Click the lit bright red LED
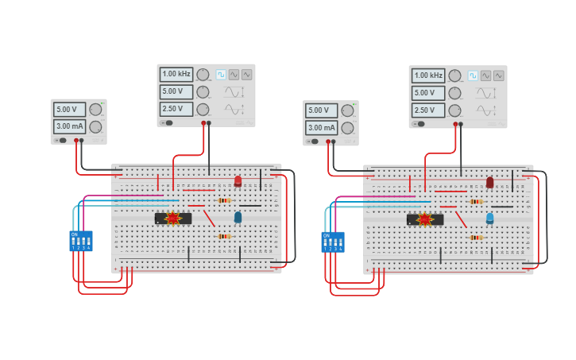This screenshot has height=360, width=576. coord(238,181)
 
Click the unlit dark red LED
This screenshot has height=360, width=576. coord(489,182)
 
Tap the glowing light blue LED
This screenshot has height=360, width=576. coord(489,218)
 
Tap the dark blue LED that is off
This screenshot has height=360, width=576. coord(238,217)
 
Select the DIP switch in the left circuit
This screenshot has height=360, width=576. coord(81,241)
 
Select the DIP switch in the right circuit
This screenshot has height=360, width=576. coord(333,242)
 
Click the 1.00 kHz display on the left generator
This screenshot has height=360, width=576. coord(176,74)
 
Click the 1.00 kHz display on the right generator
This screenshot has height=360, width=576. coord(428,75)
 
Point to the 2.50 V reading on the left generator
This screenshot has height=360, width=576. coord(176,109)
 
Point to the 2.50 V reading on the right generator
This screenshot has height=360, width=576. coord(428,110)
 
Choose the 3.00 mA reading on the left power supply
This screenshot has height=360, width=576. coord(69,126)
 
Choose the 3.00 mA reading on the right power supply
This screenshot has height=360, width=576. coord(321,128)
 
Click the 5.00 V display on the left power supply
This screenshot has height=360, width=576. coord(69,109)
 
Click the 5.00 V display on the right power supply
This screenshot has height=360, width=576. coord(321,110)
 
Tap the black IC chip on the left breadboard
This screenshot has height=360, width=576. coord(173,218)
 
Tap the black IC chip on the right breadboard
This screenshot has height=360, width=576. coord(425,219)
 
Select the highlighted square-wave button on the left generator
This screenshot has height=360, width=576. coord(221,74)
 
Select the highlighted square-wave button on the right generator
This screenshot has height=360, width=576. coord(473,75)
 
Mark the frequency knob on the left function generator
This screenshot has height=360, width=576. coord(203,74)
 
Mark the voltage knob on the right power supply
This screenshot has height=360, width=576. coord(347,110)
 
